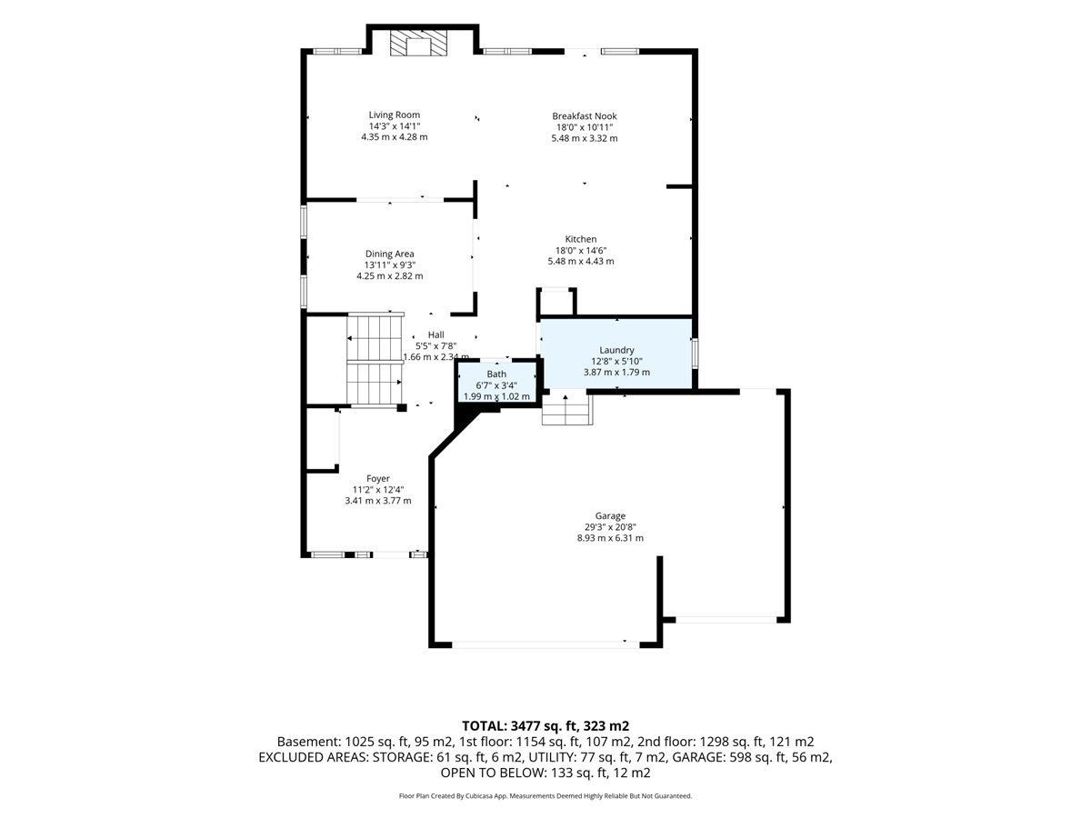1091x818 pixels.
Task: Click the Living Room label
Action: point(395,115)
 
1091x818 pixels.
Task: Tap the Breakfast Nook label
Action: point(584,115)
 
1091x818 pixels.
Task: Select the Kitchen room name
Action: point(581,239)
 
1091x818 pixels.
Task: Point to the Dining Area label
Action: point(389,254)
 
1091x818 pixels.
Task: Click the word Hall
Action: point(435,334)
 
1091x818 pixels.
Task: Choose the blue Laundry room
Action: point(616,354)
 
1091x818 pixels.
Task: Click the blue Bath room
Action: point(497,383)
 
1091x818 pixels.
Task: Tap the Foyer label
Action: point(377,479)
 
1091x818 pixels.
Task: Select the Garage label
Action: point(610,516)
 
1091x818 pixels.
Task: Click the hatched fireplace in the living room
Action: point(418,45)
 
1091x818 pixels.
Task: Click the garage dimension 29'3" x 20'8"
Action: point(610,527)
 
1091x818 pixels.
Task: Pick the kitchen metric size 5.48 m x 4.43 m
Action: point(581,261)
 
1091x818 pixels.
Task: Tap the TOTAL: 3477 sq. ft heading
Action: point(521,726)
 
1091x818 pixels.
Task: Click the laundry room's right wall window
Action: point(695,354)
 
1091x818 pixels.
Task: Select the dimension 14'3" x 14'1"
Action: point(395,126)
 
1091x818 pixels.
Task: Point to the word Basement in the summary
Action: point(308,742)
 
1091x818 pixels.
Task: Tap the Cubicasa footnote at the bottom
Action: point(545,796)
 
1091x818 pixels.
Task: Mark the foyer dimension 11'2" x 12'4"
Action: point(377,490)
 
